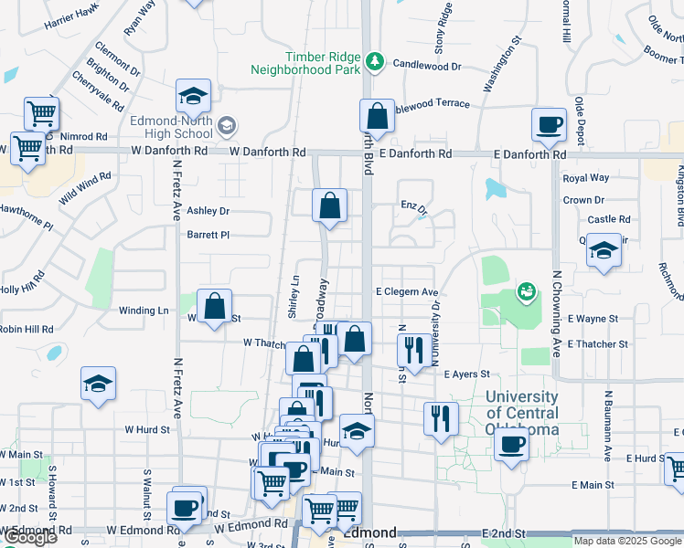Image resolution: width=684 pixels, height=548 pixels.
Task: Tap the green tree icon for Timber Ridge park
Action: click(x=374, y=62)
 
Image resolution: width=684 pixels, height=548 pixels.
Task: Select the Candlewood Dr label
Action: click(x=427, y=65)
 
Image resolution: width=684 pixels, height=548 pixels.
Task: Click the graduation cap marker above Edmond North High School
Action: click(x=194, y=96)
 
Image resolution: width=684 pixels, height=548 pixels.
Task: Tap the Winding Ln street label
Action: click(x=144, y=311)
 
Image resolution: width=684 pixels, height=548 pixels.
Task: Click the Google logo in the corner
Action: click(x=30, y=537)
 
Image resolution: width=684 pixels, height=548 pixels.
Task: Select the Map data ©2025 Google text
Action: click(x=627, y=540)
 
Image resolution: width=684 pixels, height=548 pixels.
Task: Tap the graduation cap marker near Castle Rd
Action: click(x=604, y=249)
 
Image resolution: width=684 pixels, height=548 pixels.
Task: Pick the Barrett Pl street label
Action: click(x=208, y=235)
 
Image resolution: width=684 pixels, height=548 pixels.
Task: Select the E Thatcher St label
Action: click(x=598, y=344)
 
